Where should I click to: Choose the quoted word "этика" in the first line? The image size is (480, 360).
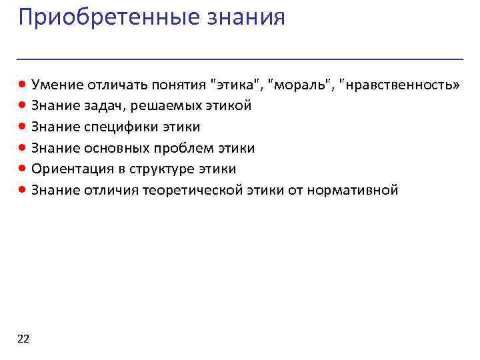pos(236,84)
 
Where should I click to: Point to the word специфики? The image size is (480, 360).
pos(115,127)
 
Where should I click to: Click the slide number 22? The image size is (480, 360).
pos(23,339)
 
